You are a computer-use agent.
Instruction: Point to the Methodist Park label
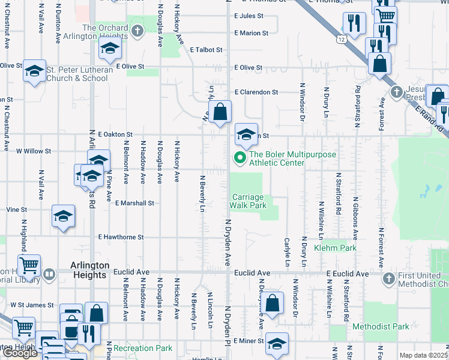tap(381, 326)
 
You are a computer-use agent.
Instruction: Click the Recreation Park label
tap(143, 348)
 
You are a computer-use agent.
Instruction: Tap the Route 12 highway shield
tap(342, 38)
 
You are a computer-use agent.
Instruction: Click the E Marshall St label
tap(135, 203)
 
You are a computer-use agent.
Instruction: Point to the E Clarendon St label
tap(256, 92)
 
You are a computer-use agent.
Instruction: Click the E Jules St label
tap(249, 16)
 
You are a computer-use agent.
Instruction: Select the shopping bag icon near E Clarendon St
tap(220, 112)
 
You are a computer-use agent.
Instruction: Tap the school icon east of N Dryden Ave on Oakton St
tap(246, 134)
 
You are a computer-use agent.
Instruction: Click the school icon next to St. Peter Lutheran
tap(35, 71)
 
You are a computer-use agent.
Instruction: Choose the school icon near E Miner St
tap(277, 344)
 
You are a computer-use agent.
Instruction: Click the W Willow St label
tap(34, 151)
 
